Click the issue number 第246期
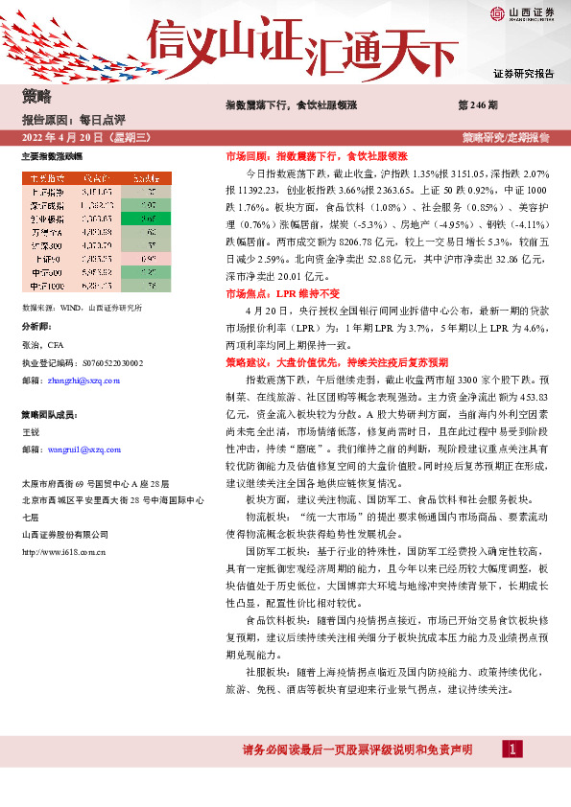click(478, 104)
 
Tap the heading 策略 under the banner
click(36, 97)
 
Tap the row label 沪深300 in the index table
click(46, 244)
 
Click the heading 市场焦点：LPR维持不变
click(266, 293)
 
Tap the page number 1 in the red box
click(514, 748)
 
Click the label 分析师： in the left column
click(37, 326)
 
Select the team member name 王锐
click(31, 433)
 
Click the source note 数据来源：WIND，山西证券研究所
click(81, 309)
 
